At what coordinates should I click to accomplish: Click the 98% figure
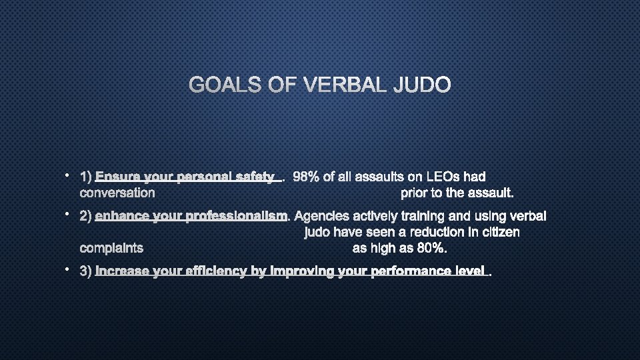[x=306, y=177]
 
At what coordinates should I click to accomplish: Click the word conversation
[x=117, y=193]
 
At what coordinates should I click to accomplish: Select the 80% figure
[x=433, y=248]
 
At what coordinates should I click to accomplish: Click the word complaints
[x=111, y=248]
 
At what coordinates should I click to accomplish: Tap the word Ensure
[x=116, y=177]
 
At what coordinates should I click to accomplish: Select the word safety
[x=256, y=177]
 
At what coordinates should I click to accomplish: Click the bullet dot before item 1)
[x=68, y=175]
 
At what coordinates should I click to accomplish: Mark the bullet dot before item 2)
[x=68, y=214]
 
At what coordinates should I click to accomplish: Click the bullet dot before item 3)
[x=68, y=269]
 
